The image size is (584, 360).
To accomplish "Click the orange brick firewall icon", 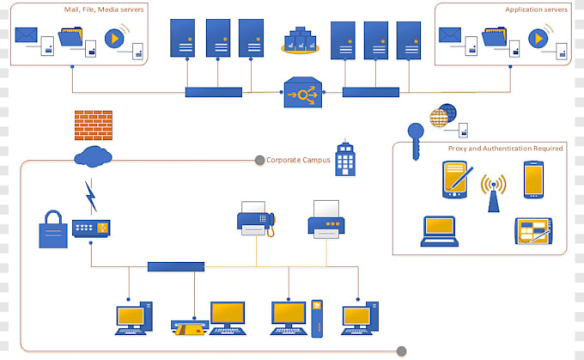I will [x=93, y=125].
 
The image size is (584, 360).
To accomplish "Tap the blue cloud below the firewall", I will [x=93, y=156].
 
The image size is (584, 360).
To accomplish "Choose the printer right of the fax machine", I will [x=326, y=219].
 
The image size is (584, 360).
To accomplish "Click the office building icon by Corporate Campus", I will [x=345, y=157].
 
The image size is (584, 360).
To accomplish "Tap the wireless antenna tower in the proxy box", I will [x=493, y=192].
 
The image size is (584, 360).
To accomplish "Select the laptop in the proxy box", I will [x=439, y=231].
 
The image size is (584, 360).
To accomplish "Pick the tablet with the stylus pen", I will [x=459, y=180].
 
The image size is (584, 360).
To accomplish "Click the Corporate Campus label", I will [x=298, y=160].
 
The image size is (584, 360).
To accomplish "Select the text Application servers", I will [x=536, y=9].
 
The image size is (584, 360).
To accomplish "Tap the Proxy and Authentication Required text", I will [x=505, y=149].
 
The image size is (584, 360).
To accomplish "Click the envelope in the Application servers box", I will [x=450, y=35].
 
